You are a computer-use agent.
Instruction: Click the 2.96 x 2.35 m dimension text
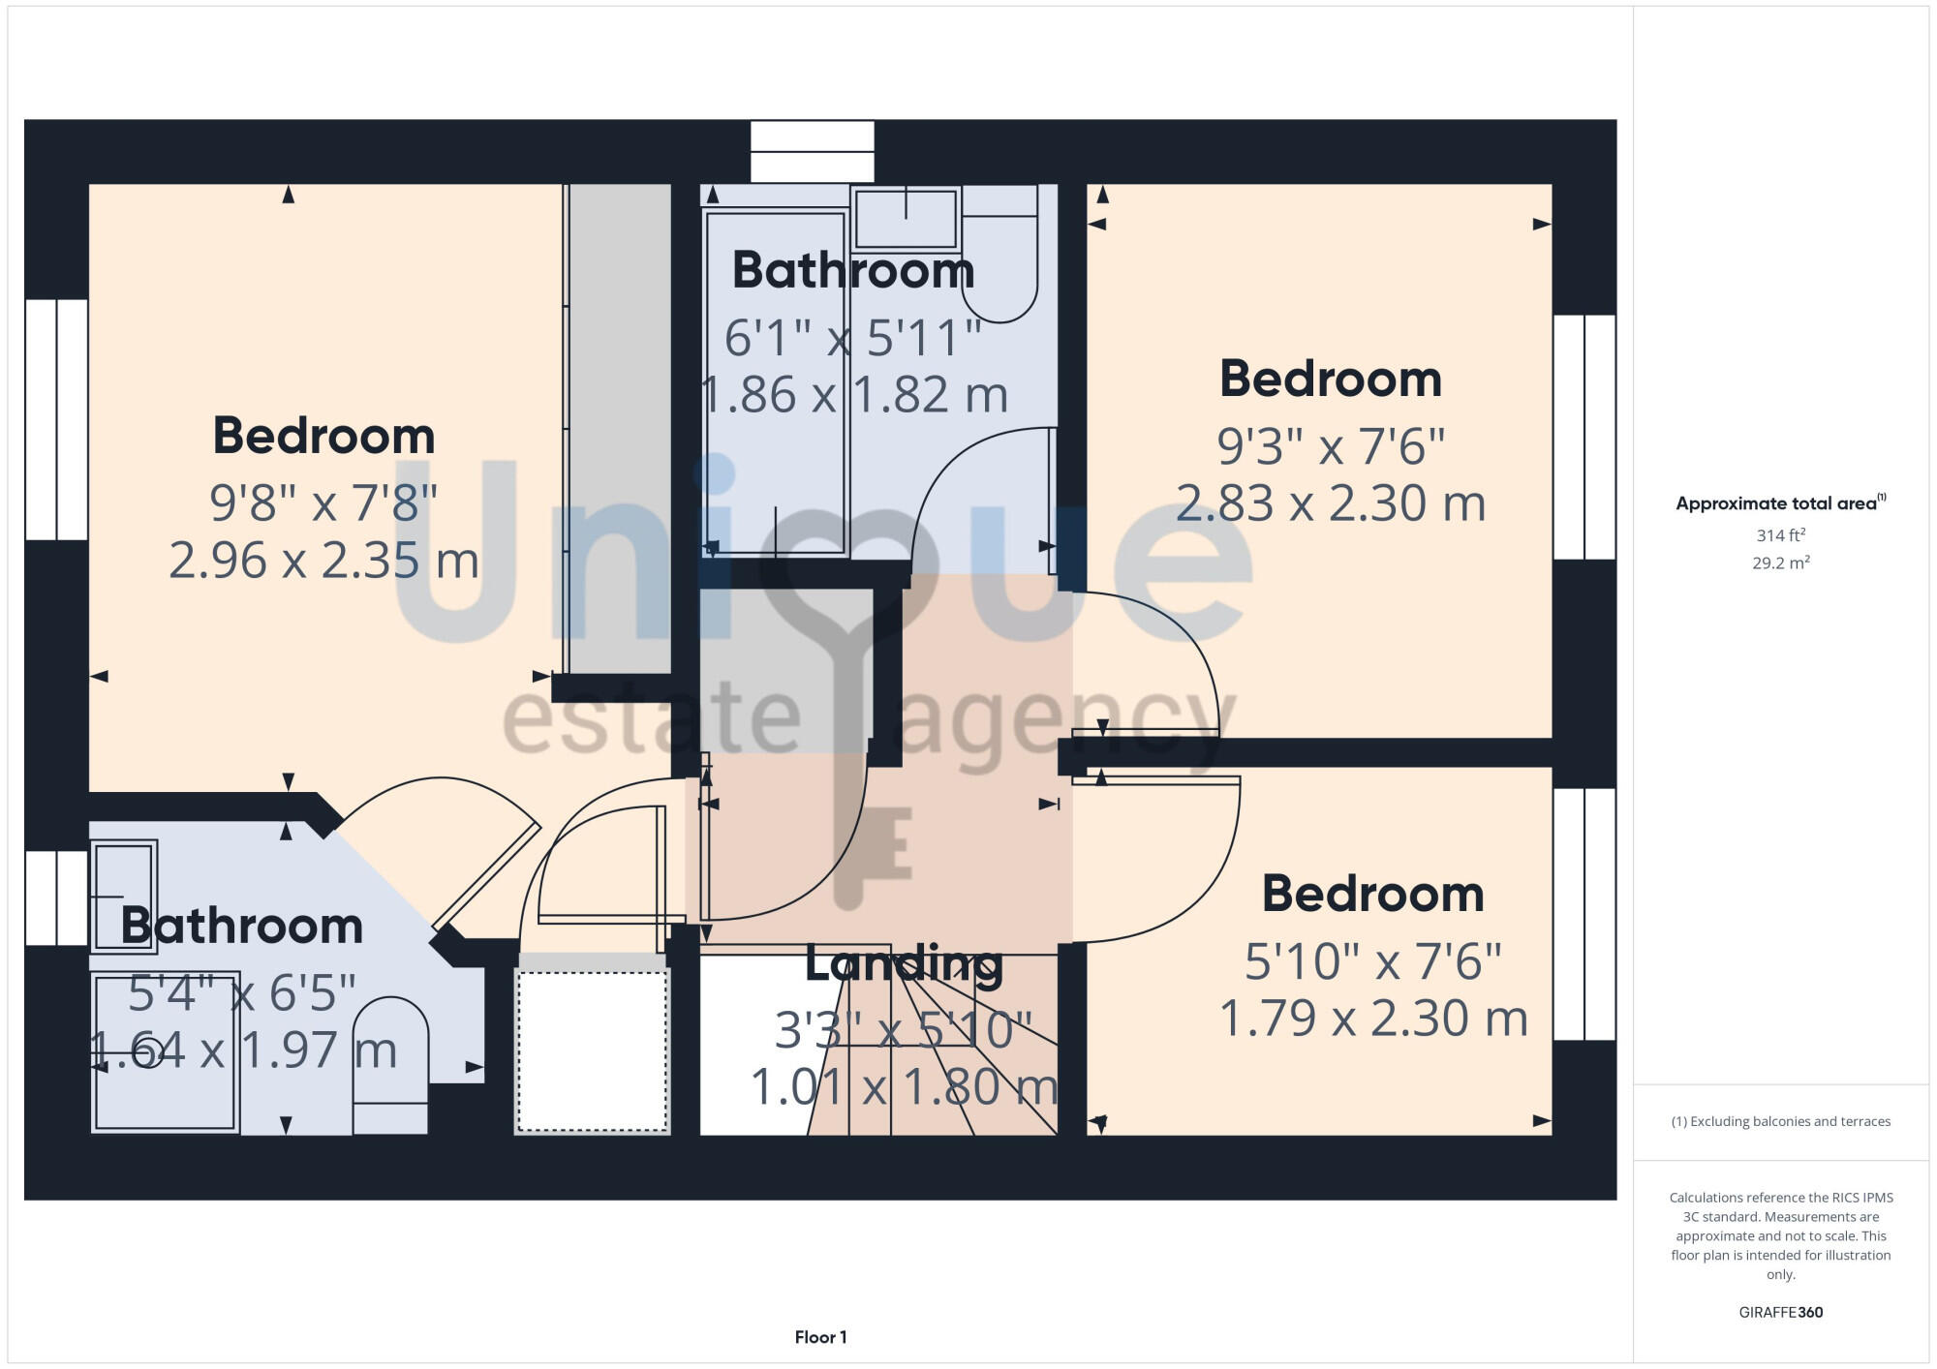coord(323,561)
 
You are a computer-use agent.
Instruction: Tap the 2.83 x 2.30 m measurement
coord(1330,503)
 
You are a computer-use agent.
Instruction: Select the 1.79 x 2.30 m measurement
coord(1372,1019)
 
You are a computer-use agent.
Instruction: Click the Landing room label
coord(903,963)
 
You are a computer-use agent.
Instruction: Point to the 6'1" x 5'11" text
coord(852,338)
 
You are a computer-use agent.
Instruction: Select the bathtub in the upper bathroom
coord(775,382)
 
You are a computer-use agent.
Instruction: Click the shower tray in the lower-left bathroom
coord(165,1051)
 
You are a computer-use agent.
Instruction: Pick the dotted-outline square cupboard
coord(592,1050)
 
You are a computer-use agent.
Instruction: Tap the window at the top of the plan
coord(812,151)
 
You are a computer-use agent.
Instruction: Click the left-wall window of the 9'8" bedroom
coord(56,419)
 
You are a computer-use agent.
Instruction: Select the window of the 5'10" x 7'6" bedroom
coord(1584,913)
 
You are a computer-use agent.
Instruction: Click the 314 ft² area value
coord(1780,535)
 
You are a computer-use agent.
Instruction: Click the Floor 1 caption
coord(820,1337)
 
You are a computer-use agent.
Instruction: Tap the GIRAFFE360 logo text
coord(1780,1313)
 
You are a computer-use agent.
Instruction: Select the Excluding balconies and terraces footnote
coord(1780,1121)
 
